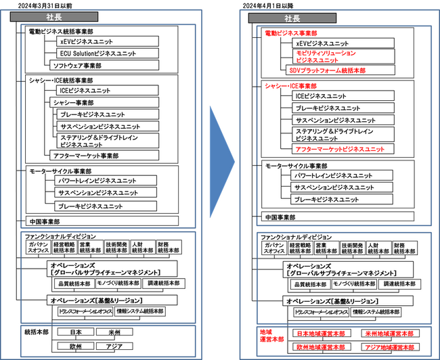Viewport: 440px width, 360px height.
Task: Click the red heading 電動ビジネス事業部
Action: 291,32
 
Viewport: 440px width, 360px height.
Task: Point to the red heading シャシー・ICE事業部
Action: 291,86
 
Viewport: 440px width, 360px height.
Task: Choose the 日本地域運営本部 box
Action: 320,334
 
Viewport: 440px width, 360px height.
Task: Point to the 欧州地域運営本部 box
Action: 320,346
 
